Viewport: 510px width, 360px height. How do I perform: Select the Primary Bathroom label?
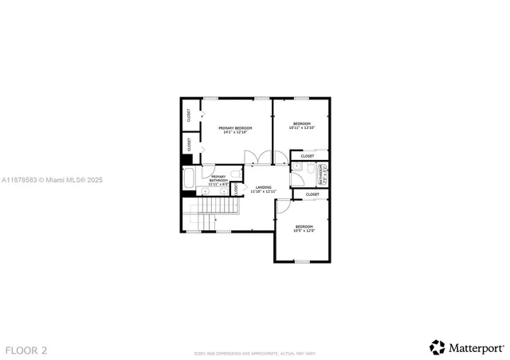tap(218, 180)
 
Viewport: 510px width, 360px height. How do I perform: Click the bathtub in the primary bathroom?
tap(188, 180)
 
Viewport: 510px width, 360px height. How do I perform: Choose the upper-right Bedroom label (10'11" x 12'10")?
tap(301, 125)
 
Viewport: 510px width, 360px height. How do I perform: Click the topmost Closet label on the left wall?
tap(189, 115)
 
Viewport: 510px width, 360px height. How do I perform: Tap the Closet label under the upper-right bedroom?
tap(308, 155)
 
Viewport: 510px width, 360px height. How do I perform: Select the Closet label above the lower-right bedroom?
tap(312, 194)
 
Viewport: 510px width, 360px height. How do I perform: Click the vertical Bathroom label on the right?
tap(321, 174)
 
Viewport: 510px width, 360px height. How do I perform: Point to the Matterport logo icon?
tap(437, 347)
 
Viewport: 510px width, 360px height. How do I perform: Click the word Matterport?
tap(476, 347)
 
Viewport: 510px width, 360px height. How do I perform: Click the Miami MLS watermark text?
tap(51, 181)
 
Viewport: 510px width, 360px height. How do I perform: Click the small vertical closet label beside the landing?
tap(236, 189)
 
